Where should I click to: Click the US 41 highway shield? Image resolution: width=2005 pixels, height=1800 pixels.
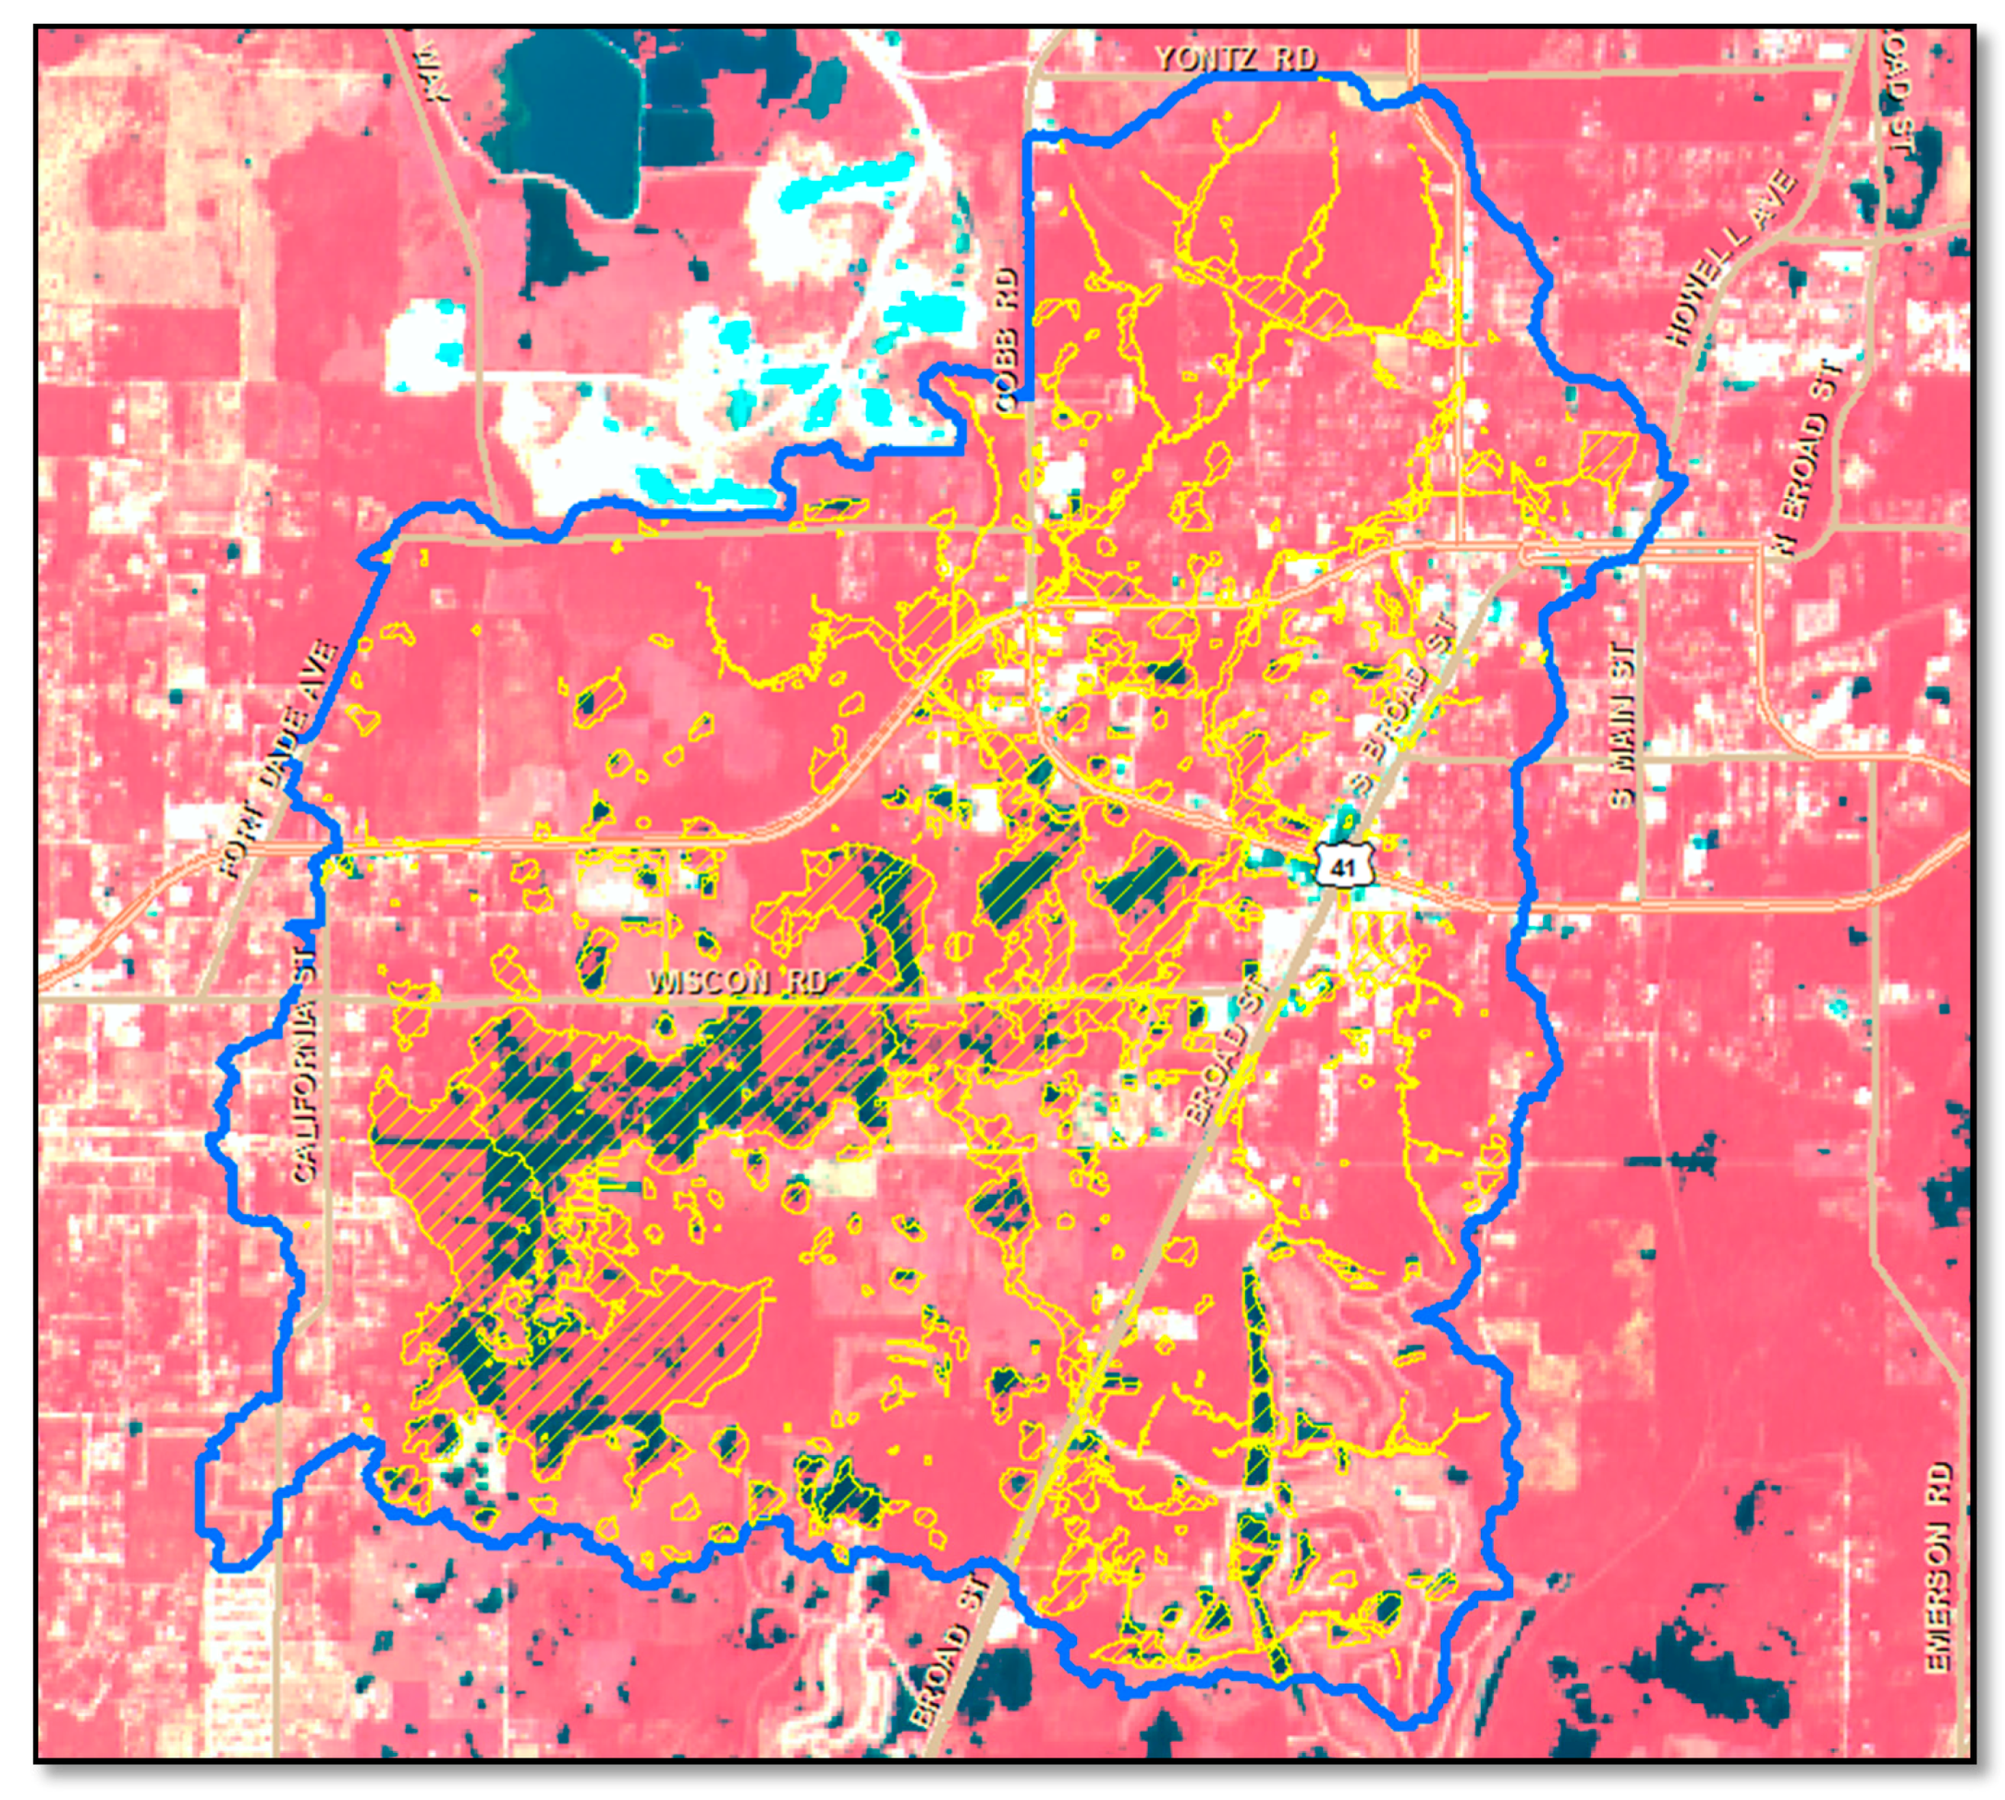click(1341, 867)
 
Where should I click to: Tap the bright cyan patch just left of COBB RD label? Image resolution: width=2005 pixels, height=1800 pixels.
click(930, 311)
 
